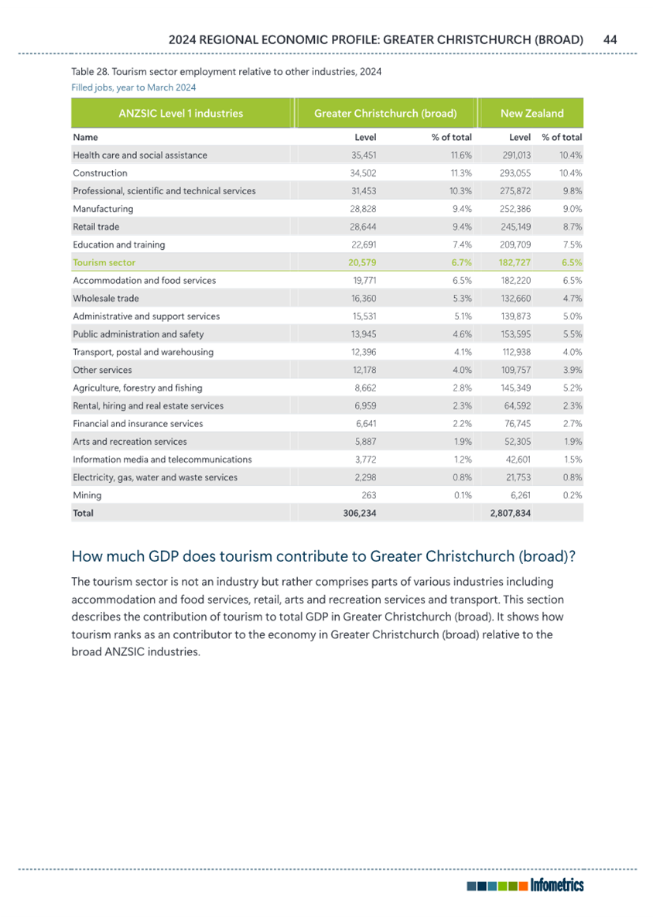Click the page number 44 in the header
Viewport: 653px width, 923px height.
[x=610, y=39]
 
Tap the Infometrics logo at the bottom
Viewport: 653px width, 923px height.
[x=525, y=885]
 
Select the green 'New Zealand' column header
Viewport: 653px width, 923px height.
[x=532, y=113]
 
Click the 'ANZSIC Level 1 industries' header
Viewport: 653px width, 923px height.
[x=181, y=113]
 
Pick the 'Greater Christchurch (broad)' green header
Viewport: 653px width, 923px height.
[x=385, y=113]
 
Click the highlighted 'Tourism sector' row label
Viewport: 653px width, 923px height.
[x=104, y=262]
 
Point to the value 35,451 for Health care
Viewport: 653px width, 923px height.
[x=364, y=156]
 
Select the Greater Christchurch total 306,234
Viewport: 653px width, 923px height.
[x=360, y=513]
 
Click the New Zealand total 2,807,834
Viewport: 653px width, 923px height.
[x=511, y=513]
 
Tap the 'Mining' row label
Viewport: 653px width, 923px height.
[x=87, y=496]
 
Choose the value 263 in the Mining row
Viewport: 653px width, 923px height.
[x=369, y=496]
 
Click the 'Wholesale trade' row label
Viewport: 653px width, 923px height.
[x=106, y=299]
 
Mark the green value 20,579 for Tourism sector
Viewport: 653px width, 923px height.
[x=362, y=262]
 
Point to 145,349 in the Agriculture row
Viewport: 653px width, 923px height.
[x=516, y=388]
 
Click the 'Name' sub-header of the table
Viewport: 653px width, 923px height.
[x=85, y=137]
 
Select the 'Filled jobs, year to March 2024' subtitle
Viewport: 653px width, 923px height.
[x=134, y=87]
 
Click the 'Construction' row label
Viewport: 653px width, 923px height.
[x=100, y=173]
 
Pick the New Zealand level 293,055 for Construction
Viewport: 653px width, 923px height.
[x=516, y=173]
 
